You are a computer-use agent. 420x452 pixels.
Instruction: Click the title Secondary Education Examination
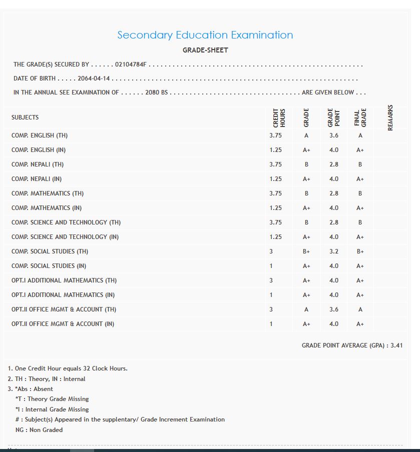pyautogui.click(x=205, y=35)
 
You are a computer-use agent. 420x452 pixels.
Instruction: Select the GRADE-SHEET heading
pyautogui.click(x=205, y=50)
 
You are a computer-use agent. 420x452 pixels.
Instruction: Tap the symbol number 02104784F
pyautogui.click(x=131, y=64)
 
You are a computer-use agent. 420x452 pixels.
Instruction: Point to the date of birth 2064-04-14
pyautogui.click(x=94, y=78)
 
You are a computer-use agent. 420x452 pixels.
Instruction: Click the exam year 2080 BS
pyautogui.click(x=156, y=92)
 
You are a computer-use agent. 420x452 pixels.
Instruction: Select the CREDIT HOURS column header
pyautogui.click(x=279, y=118)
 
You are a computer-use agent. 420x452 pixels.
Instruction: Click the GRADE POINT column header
pyautogui.click(x=334, y=118)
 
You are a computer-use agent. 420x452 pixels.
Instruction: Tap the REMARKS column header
pyautogui.click(x=390, y=117)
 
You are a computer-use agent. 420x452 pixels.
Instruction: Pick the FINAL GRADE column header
pyautogui.click(x=360, y=118)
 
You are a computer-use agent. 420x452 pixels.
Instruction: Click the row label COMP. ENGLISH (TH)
pyautogui.click(x=40, y=135)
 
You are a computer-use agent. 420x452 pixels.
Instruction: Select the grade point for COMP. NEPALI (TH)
pyautogui.click(x=334, y=164)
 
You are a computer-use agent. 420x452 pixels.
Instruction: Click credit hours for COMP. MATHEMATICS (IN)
pyautogui.click(x=275, y=208)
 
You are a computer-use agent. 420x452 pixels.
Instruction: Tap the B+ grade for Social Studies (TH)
pyautogui.click(x=306, y=251)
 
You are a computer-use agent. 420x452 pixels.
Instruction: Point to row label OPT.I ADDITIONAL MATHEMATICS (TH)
pyautogui.click(x=64, y=280)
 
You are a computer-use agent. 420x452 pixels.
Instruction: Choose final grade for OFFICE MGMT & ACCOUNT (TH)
pyautogui.click(x=360, y=309)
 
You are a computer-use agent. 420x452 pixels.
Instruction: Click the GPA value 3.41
pyautogui.click(x=396, y=345)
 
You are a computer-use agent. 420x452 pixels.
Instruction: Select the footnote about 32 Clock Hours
pyautogui.click(x=68, y=368)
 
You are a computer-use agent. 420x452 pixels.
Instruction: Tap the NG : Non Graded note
pyautogui.click(x=39, y=429)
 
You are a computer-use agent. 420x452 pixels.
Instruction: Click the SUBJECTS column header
pyautogui.click(x=25, y=117)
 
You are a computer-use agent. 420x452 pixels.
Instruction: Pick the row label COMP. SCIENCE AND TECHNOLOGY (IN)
pyautogui.click(x=65, y=237)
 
